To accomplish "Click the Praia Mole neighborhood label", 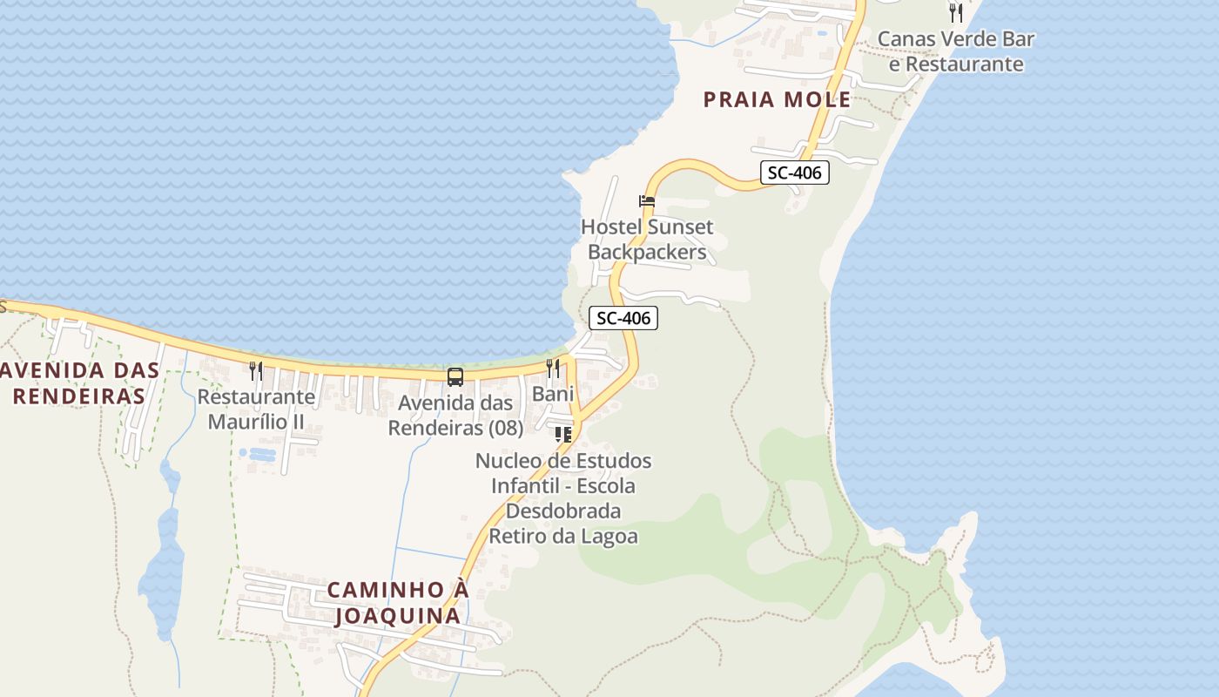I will pyautogui.click(x=777, y=99).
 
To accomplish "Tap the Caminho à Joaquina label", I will pyautogui.click(x=398, y=603).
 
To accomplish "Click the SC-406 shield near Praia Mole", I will pyautogui.click(x=794, y=173).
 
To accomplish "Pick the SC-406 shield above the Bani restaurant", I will pyautogui.click(x=623, y=318).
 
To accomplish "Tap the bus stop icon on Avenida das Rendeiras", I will pyautogui.click(x=455, y=377).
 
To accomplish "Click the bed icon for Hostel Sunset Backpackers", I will pyautogui.click(x=647, y=201).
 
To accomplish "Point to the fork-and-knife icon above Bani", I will pyautogui.click(x=553, y=369).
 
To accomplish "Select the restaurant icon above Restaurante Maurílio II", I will pyautogui.click(x=256, y=371).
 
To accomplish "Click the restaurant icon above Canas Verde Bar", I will pyautogui.click(x=956, y=13).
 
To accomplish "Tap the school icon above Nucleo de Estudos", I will pyautogui.click(x=563, y=434).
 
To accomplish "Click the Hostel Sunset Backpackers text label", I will pyautogui.click(x=647, y=240).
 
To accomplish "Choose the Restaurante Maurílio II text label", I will pyautogui.click(x=256, y=409).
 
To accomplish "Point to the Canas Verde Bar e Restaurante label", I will pyautogui.click(x=955, y=51).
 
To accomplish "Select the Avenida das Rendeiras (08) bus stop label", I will pyautogui.click(x=455, y=416).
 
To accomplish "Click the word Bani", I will pyautogui.click(x=553, y=394).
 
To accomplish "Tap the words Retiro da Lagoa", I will pyautogui.click(x=563, y=536).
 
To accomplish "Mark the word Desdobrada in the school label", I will pyautogui.click(x=563, y=511).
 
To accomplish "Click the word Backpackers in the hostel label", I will pyautogui.click(x=647, y=253).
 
